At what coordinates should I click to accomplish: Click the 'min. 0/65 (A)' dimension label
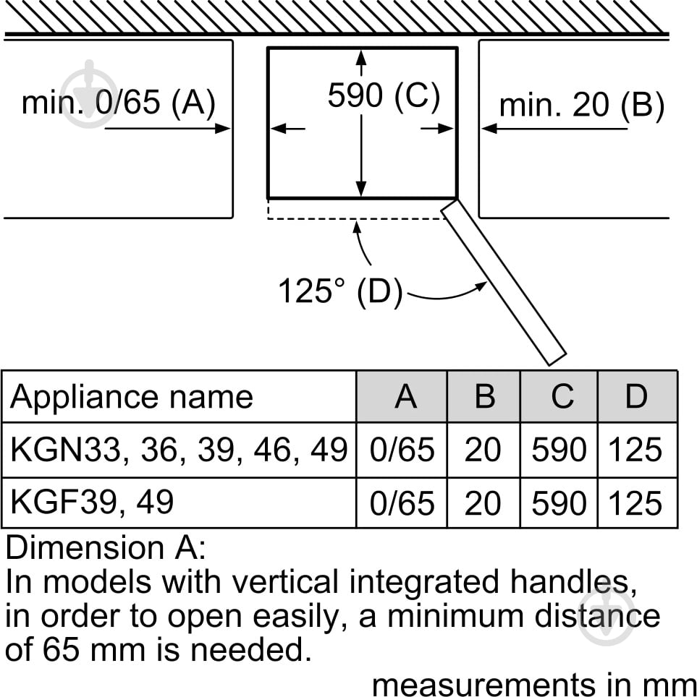[x=119, y=103]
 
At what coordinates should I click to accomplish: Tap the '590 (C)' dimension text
[x=384, y=95]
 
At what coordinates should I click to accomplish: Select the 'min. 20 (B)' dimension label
[x=582, y=106]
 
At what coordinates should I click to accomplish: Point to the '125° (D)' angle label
[x=340, y=291]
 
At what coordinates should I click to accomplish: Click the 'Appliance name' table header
[x=132, y=396]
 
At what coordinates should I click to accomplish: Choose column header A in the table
[x=405, y=396]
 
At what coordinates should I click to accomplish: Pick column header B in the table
[x=485, y=396]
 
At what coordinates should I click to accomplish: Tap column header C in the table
[x=562, y=396]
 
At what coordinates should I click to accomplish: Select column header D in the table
[x=636, y=396]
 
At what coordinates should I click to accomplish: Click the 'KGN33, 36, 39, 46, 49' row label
[x=179, y=450]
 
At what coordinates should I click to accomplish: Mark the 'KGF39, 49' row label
[x=92, y=502]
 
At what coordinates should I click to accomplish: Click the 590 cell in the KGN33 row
[x=559, y=450]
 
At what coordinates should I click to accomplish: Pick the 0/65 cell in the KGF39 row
[x=402, y=504]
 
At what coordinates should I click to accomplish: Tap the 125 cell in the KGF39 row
[x=635, y=504]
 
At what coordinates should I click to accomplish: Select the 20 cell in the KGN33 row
[x=482, y=450]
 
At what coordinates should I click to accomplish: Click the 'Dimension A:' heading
[x=106, y=547]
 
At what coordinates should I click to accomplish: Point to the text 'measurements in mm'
[x=533, y=685]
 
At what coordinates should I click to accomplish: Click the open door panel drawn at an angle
[x=504, y=283]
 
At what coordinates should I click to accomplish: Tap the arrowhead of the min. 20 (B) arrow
[x=489, y=129]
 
